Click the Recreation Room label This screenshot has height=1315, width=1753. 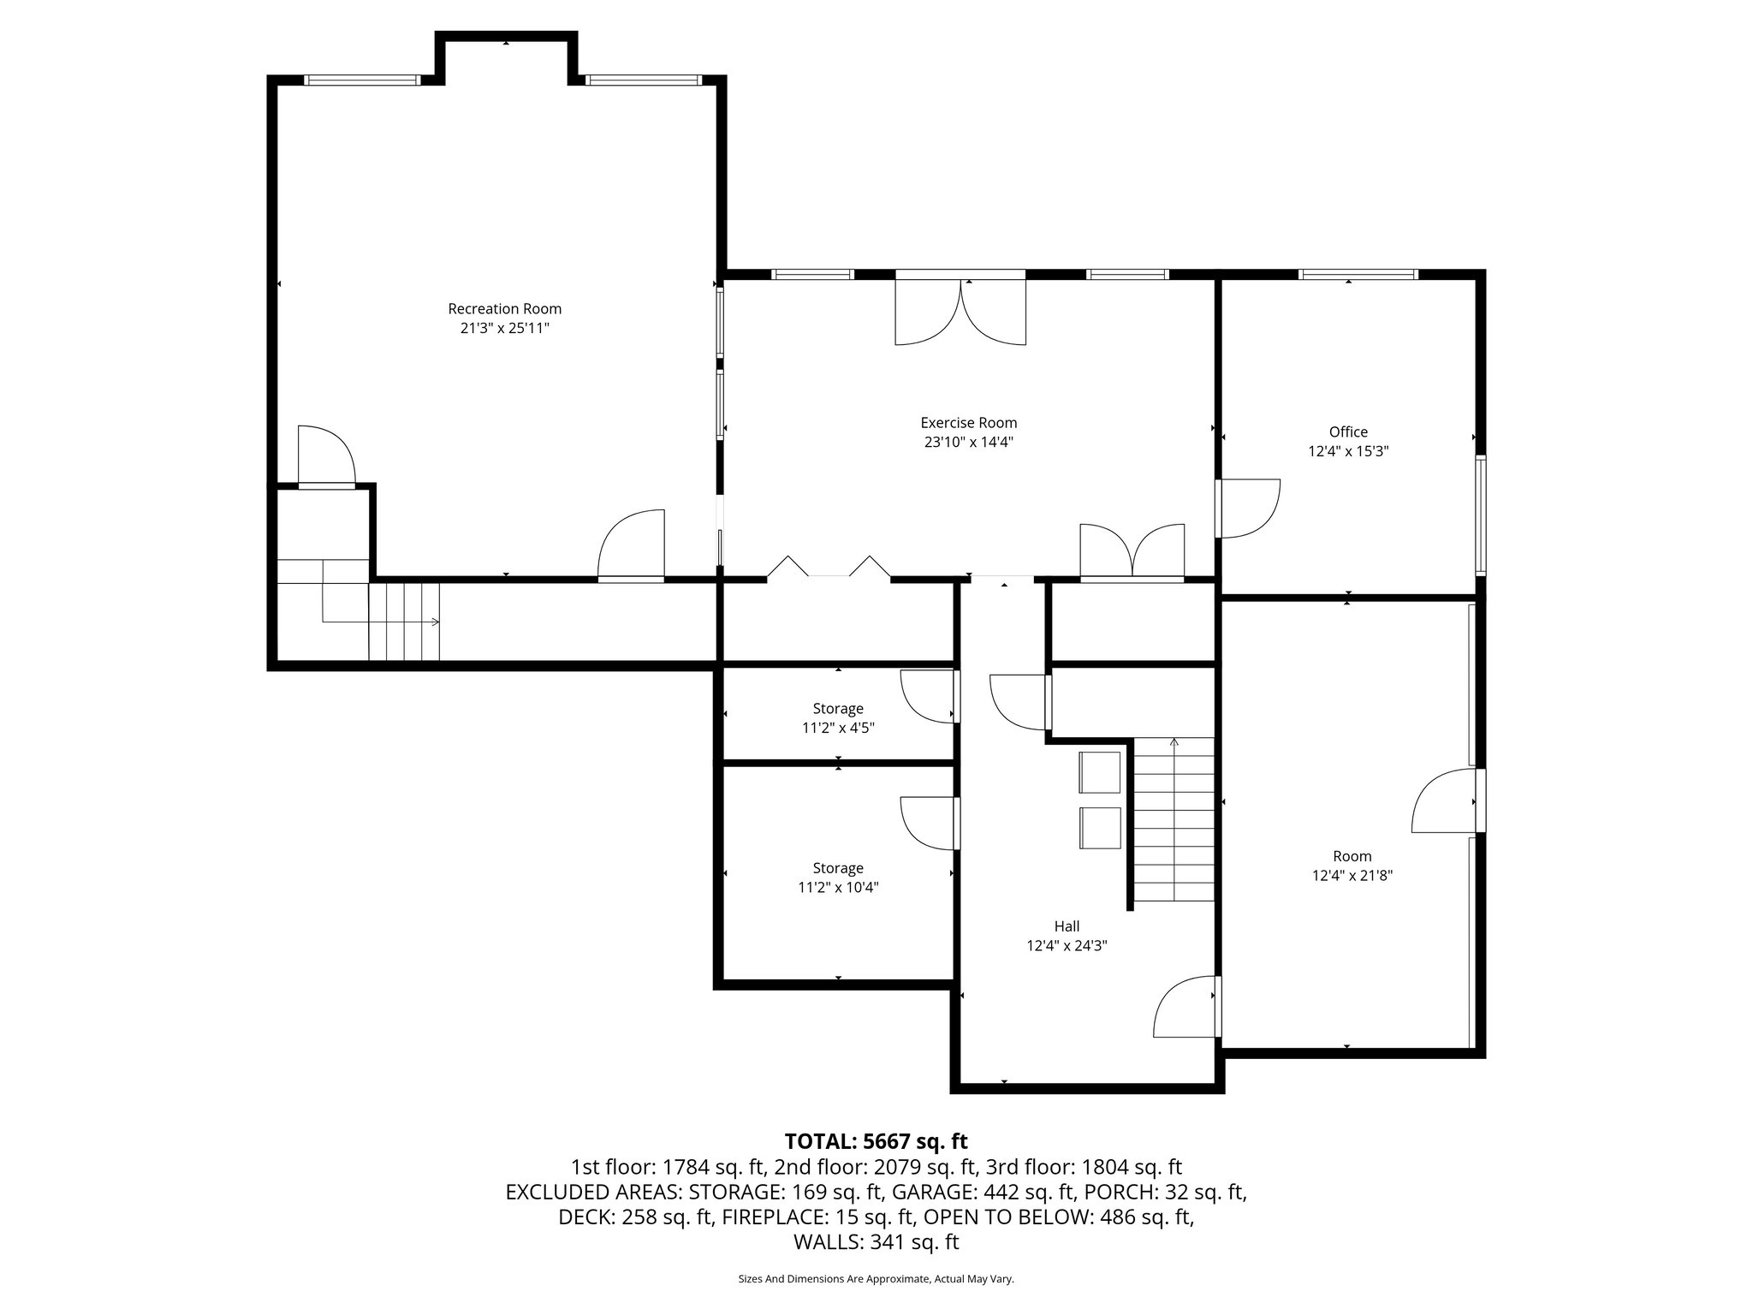(504, 309)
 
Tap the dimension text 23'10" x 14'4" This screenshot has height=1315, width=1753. (968, 442)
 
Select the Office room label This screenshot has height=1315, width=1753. (1348, 432)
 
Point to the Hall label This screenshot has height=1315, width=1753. (1067, 926)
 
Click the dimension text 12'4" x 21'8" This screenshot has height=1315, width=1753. (1352, 876)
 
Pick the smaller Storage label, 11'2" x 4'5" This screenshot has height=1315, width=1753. (838, 709)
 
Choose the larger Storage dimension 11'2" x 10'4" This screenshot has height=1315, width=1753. (838, 888)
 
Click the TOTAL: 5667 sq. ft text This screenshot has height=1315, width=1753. (876, 1141)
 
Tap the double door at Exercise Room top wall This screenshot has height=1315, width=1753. (960, 312)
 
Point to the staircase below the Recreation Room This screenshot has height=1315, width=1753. (403, 622)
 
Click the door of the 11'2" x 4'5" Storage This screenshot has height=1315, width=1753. (930, 696)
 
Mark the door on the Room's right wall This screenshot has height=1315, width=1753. (1447, 800)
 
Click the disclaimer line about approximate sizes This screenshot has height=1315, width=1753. (876, 1279)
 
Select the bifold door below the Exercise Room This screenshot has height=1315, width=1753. (829, 568)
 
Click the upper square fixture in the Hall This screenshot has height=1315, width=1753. (1100, 772)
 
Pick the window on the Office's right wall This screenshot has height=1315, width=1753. (1480, 514)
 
